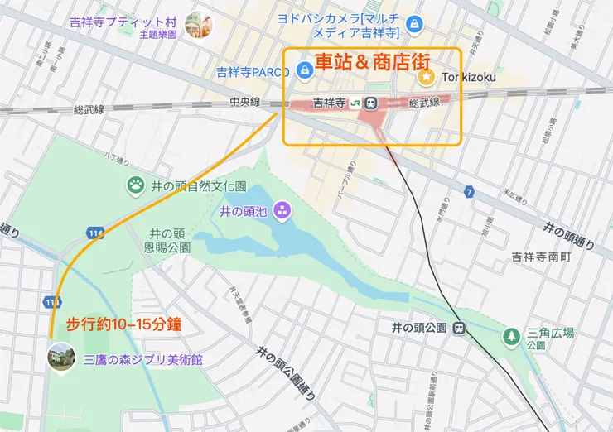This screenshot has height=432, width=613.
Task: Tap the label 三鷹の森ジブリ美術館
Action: pos(143,361)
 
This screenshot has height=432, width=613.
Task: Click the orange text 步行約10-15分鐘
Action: pos(123,323)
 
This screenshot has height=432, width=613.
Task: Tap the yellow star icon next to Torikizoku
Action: pos(426,77)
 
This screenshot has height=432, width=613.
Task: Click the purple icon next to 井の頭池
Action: pos(281,211)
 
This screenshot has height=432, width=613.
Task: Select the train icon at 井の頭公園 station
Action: pos(457,328)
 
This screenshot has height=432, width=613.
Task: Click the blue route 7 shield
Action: pos(469,193)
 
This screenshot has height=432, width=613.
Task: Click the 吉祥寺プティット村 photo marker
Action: pos(199,26)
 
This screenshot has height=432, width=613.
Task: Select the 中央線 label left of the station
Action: pos(245,103)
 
